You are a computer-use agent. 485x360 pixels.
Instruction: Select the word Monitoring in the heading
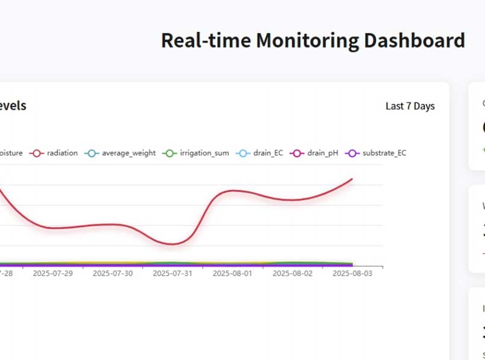(x=307, y=40)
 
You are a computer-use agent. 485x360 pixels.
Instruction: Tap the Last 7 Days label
(x=410, y=106)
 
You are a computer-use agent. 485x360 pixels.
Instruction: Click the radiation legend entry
(x=62, y=153)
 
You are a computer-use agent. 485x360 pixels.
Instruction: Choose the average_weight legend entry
(x=128, y=153)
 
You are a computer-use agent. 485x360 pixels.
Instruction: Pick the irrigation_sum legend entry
(x=204, y=153)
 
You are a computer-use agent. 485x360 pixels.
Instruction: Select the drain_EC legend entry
(x=268, y=153)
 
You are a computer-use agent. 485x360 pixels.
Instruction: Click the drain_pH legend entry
(x=322, y=153)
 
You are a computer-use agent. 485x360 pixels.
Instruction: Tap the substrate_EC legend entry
(x=384, y=153)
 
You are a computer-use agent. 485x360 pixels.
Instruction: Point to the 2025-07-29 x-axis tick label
(x=53, y=273)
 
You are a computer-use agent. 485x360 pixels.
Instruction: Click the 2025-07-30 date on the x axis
(x=113, y=273)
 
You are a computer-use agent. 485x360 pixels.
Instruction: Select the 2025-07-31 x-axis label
(x=173, y=273)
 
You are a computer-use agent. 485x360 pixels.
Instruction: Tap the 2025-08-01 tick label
(x=233, y=273)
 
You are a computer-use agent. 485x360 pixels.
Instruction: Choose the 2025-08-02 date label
(x=293, y=273)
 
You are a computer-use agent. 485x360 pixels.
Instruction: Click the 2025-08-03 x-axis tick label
(x=352, y=273)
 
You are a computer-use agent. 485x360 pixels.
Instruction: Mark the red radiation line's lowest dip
(x=173, y=244)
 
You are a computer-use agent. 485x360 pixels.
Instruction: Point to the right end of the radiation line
(x=352, y=178)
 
